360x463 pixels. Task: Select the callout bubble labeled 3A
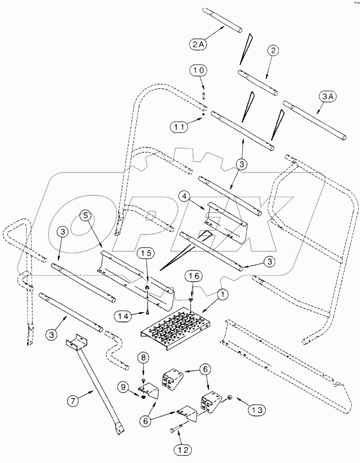tap(327, 97)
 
